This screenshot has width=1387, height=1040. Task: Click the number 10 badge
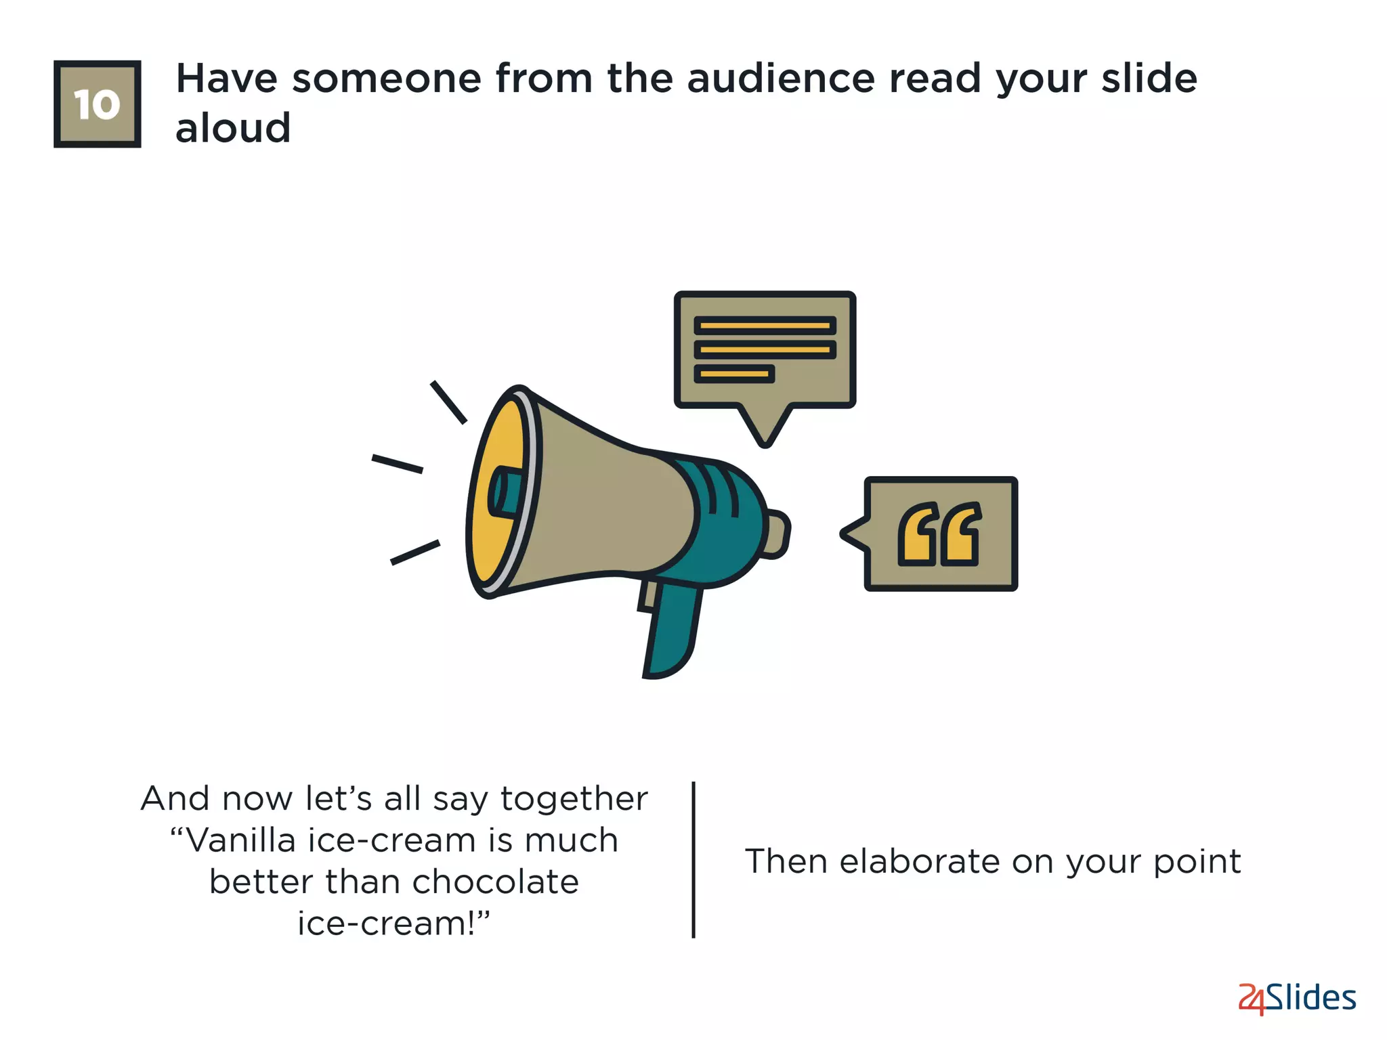97,104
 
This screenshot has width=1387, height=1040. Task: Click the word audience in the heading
781,79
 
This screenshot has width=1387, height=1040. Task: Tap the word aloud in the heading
233,128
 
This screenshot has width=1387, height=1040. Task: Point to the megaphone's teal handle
670,630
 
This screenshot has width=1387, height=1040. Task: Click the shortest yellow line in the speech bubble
733,374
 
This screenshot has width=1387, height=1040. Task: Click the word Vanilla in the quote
240,841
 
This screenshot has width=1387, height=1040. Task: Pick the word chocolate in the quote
495,882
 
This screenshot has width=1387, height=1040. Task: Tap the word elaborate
919,862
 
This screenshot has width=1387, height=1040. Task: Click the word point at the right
1197,862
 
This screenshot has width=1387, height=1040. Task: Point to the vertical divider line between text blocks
693,860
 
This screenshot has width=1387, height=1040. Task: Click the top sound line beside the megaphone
448,402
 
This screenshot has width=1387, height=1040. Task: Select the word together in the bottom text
574,799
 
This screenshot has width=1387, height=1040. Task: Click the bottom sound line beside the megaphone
415,552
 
